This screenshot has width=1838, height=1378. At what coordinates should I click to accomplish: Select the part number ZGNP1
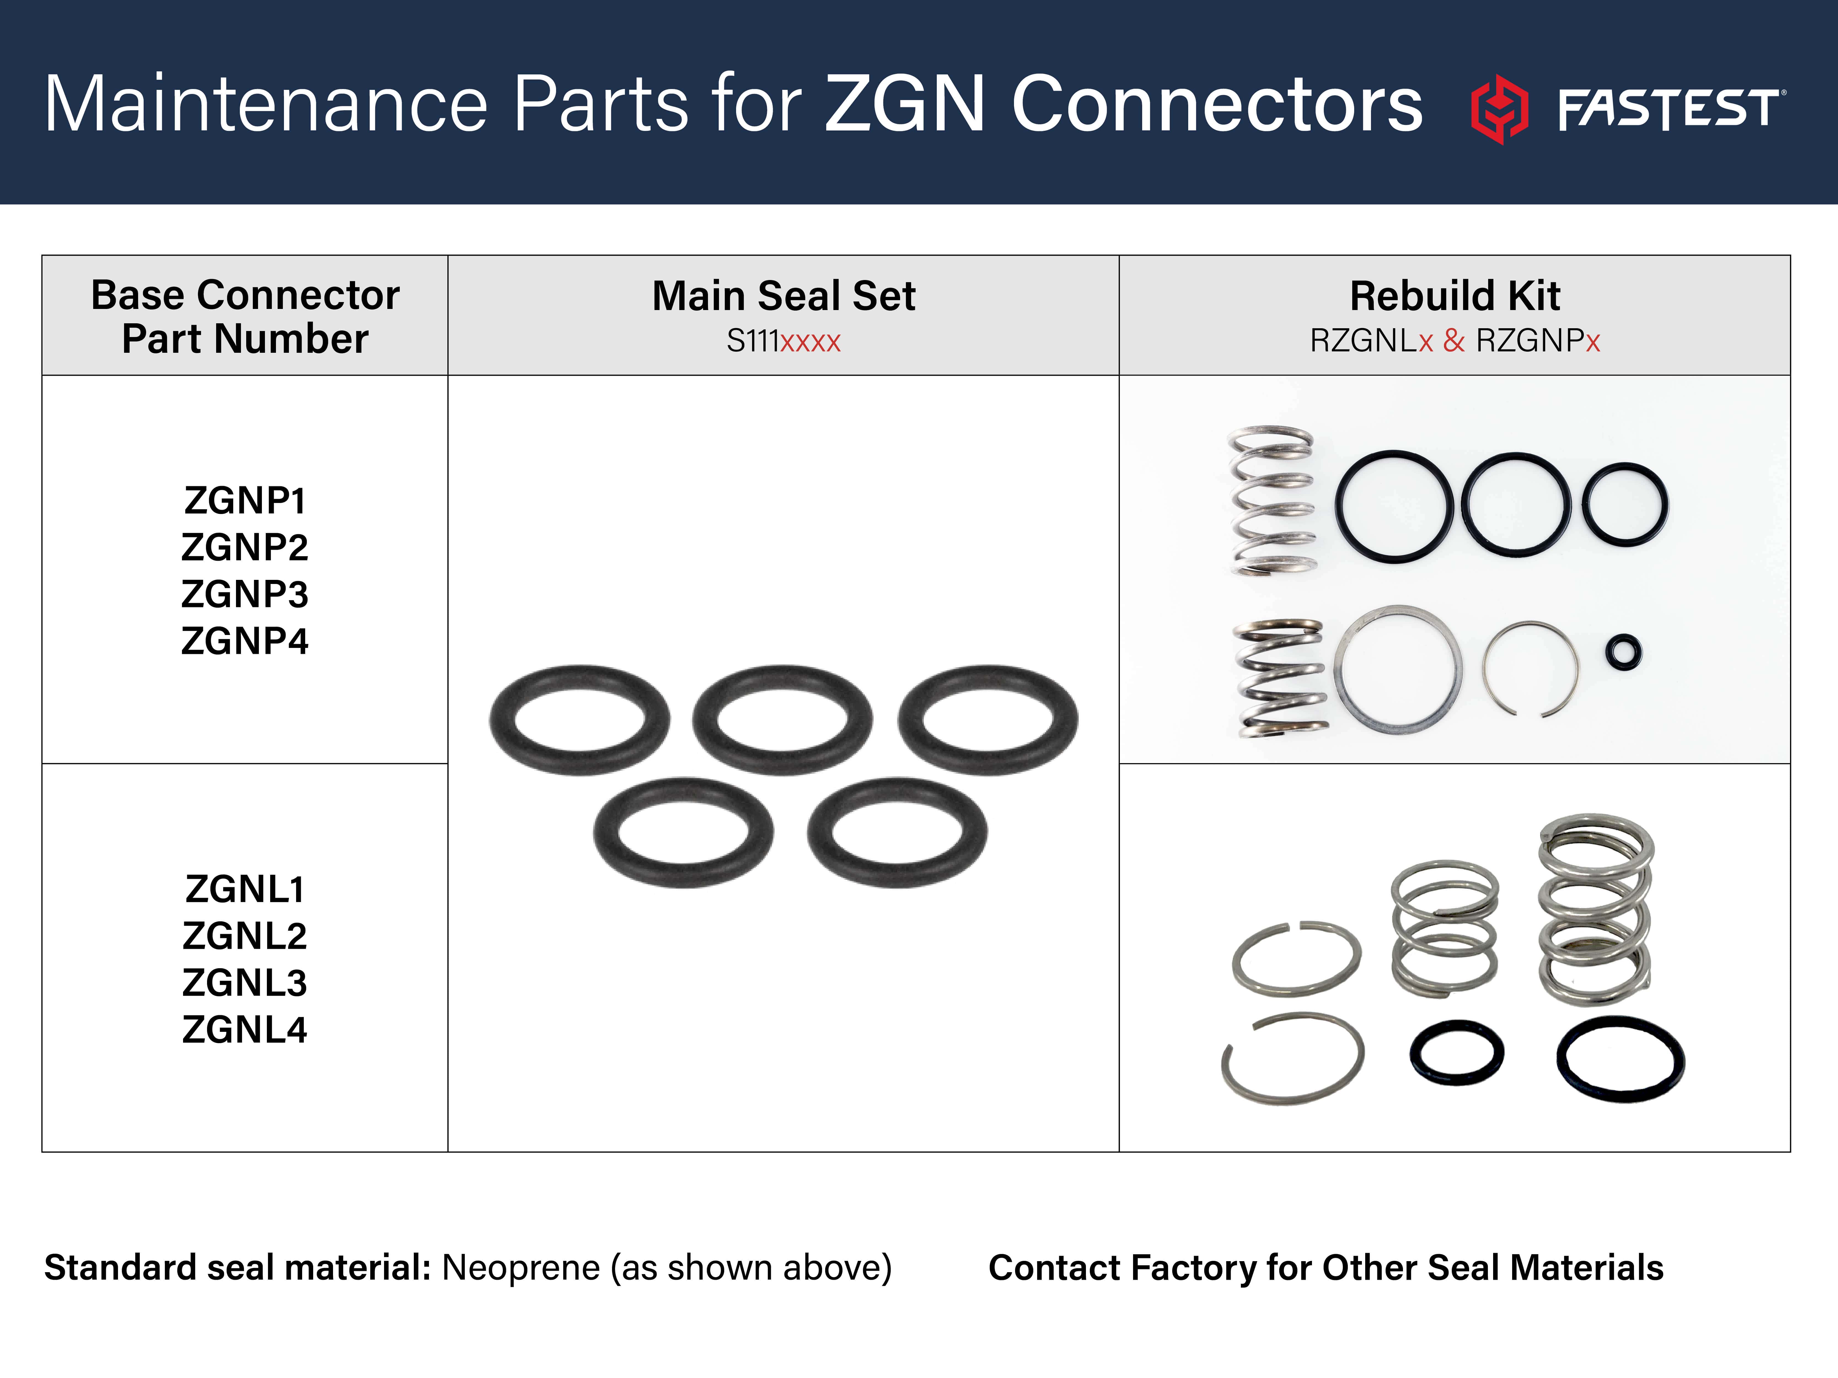[x=245, y=501]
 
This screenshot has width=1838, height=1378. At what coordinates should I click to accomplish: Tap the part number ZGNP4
[x=245, y=641]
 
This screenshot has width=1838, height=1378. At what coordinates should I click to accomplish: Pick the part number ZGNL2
[x=245, y=936]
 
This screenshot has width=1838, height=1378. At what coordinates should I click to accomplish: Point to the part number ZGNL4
[x=245, y=1030]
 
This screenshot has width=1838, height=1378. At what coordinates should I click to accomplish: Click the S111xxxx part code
[x=784, y=341]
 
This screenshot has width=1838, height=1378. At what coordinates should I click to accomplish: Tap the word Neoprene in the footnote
[x=521, y=1268]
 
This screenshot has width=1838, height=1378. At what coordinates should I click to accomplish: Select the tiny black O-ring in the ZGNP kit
[x=1624, y=652]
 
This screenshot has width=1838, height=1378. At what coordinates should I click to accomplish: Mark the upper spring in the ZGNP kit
[x=1272, y=501]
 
